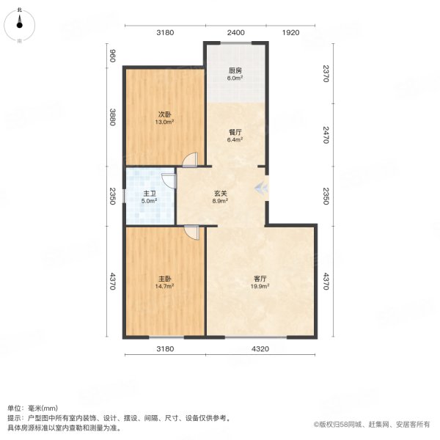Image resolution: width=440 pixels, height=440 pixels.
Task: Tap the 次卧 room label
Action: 164,114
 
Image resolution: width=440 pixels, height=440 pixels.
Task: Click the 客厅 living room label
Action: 260,279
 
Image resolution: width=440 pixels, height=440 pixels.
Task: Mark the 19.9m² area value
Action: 260,287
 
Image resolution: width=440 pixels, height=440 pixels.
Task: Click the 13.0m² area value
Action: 164,122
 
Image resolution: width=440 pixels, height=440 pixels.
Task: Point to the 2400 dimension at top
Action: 236,32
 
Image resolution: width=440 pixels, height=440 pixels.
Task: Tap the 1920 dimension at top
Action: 292,32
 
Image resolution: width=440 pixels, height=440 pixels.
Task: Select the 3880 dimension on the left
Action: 113,117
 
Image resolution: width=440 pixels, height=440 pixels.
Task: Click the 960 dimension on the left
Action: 113,56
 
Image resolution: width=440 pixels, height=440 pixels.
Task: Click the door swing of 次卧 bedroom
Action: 189,160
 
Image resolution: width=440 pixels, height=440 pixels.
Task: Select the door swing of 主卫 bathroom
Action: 169,180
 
